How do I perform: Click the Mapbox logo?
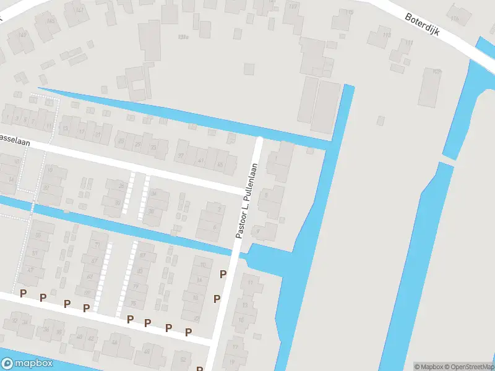coord(27,364)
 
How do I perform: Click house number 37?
coord(181,156)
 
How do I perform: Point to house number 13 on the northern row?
coord(65,129)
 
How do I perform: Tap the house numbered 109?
coord(437,72)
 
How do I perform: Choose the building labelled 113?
coord(387,35)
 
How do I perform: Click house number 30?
coord(118,203)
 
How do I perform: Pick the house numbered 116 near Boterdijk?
coord(455,19)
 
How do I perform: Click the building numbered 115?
coord(351,12)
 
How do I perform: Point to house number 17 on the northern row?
coord(81,132)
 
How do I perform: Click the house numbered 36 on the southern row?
coord(45,330)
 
